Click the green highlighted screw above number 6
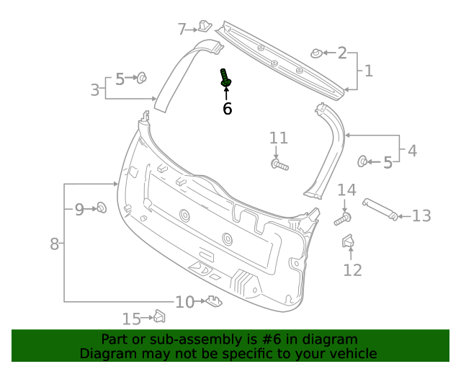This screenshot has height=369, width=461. click(225, 79)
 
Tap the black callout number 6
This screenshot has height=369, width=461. click(227, 109)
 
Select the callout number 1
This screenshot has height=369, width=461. click(368, 71)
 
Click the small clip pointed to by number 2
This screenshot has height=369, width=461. click(316, 53)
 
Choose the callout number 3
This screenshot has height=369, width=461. click(95, 90)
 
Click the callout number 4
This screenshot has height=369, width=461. click(411, 151)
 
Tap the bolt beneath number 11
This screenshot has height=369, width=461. click(279, 166)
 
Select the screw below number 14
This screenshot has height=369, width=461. click(343, 218)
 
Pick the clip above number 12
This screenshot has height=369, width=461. click(347, 243)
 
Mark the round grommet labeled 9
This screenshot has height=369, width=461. click(102, 208)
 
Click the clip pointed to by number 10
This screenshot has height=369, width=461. click(213, 301)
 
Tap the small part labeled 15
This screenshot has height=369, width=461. click(160, 316)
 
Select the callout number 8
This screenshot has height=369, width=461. click(54, 244)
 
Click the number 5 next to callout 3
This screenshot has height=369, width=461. click(120, 79)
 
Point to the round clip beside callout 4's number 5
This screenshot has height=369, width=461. click(363, 161)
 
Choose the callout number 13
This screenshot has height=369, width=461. click(421, 215)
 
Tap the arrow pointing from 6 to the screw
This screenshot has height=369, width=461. click(227, 94)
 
